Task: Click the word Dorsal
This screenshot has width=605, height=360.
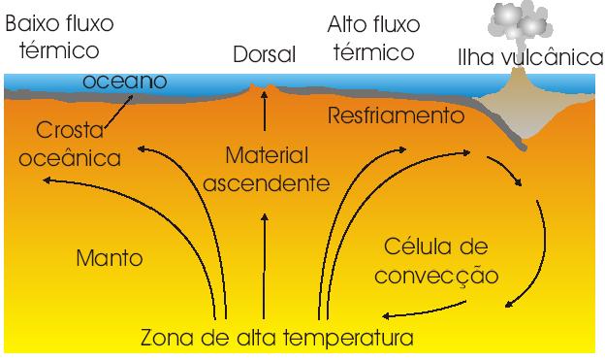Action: pos(264,55)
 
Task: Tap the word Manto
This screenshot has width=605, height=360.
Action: pos(109,258)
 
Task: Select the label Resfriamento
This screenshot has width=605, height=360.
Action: pos(392,116)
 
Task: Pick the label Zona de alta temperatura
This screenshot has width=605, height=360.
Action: pos(277,339)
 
